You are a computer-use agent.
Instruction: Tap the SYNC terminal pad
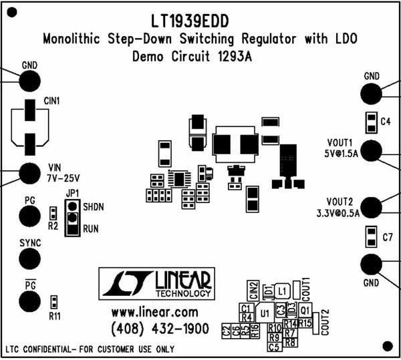pyautogui.click(x=29, y=258)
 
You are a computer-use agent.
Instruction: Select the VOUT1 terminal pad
pyautogui.click(x=372, y=151)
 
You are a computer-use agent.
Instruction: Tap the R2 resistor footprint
pyautogui.click(x=53, y=214)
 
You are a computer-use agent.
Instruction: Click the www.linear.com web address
pyautogui.click(x=154, y=313)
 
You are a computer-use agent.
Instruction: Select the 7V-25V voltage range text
pyautogui.click(x=63, y=178)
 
